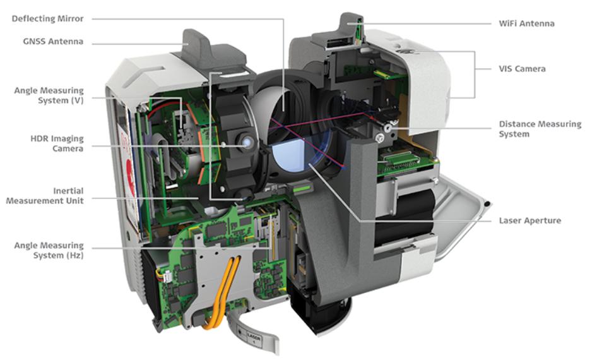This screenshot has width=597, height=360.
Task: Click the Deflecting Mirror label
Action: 47,19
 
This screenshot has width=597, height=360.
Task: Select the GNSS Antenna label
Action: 53,42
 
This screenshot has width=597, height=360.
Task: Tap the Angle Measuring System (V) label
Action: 49,95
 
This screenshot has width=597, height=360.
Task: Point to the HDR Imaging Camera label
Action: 57,143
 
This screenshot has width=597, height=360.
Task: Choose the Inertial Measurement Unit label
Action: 45,195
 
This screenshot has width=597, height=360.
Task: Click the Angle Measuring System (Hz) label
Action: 49,250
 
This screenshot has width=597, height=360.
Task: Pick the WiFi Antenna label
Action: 526,23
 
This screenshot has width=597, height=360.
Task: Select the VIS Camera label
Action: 522,69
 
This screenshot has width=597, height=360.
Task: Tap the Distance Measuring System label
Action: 540,129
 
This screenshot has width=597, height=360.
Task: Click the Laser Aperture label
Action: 529,220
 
